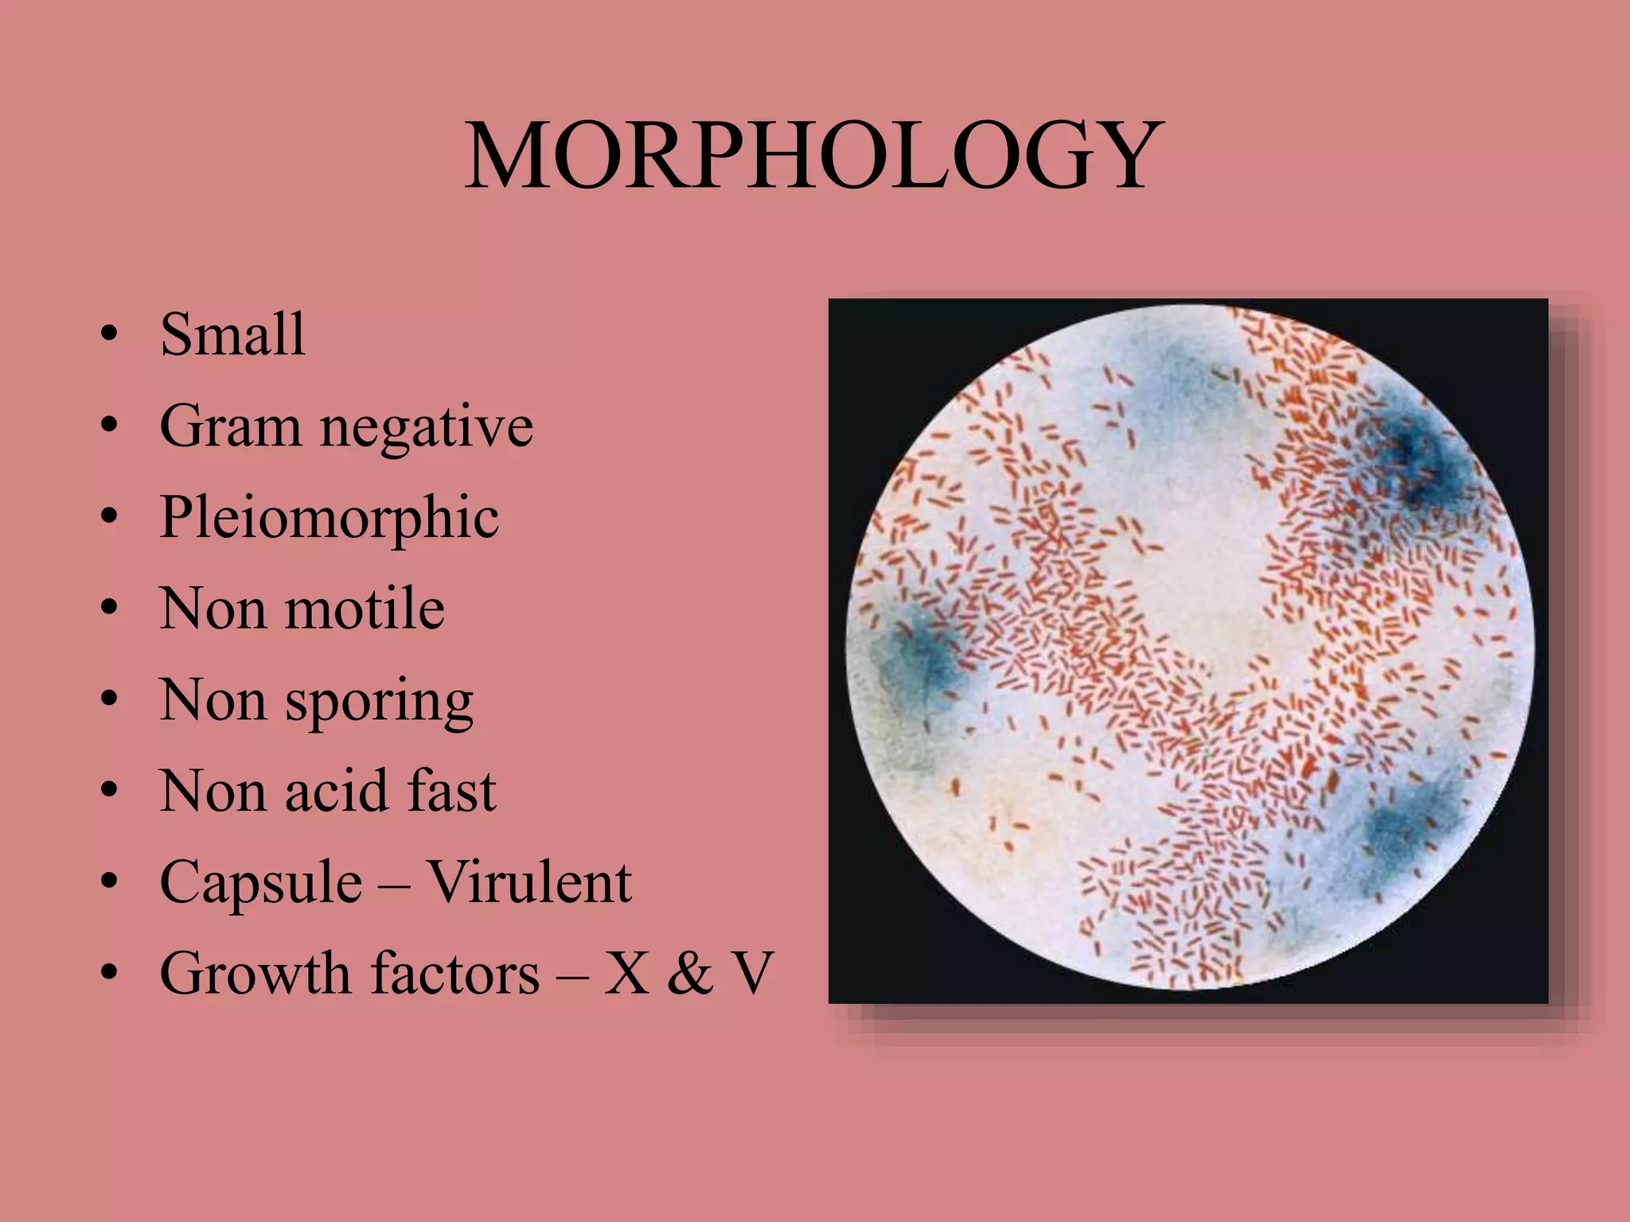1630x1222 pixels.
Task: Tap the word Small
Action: (x=232, y=334)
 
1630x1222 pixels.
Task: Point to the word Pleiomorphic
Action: (x=330, y=519)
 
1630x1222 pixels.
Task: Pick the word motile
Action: (x=365, y=609)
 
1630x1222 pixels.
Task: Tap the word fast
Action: (x=451, y=792)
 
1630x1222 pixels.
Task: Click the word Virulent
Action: (x=529, y=882)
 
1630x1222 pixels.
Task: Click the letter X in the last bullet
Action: (x=626, y=974)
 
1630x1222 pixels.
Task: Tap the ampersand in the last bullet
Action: (x=690, y=974)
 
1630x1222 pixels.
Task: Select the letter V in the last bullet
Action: (x=751, y=974)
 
